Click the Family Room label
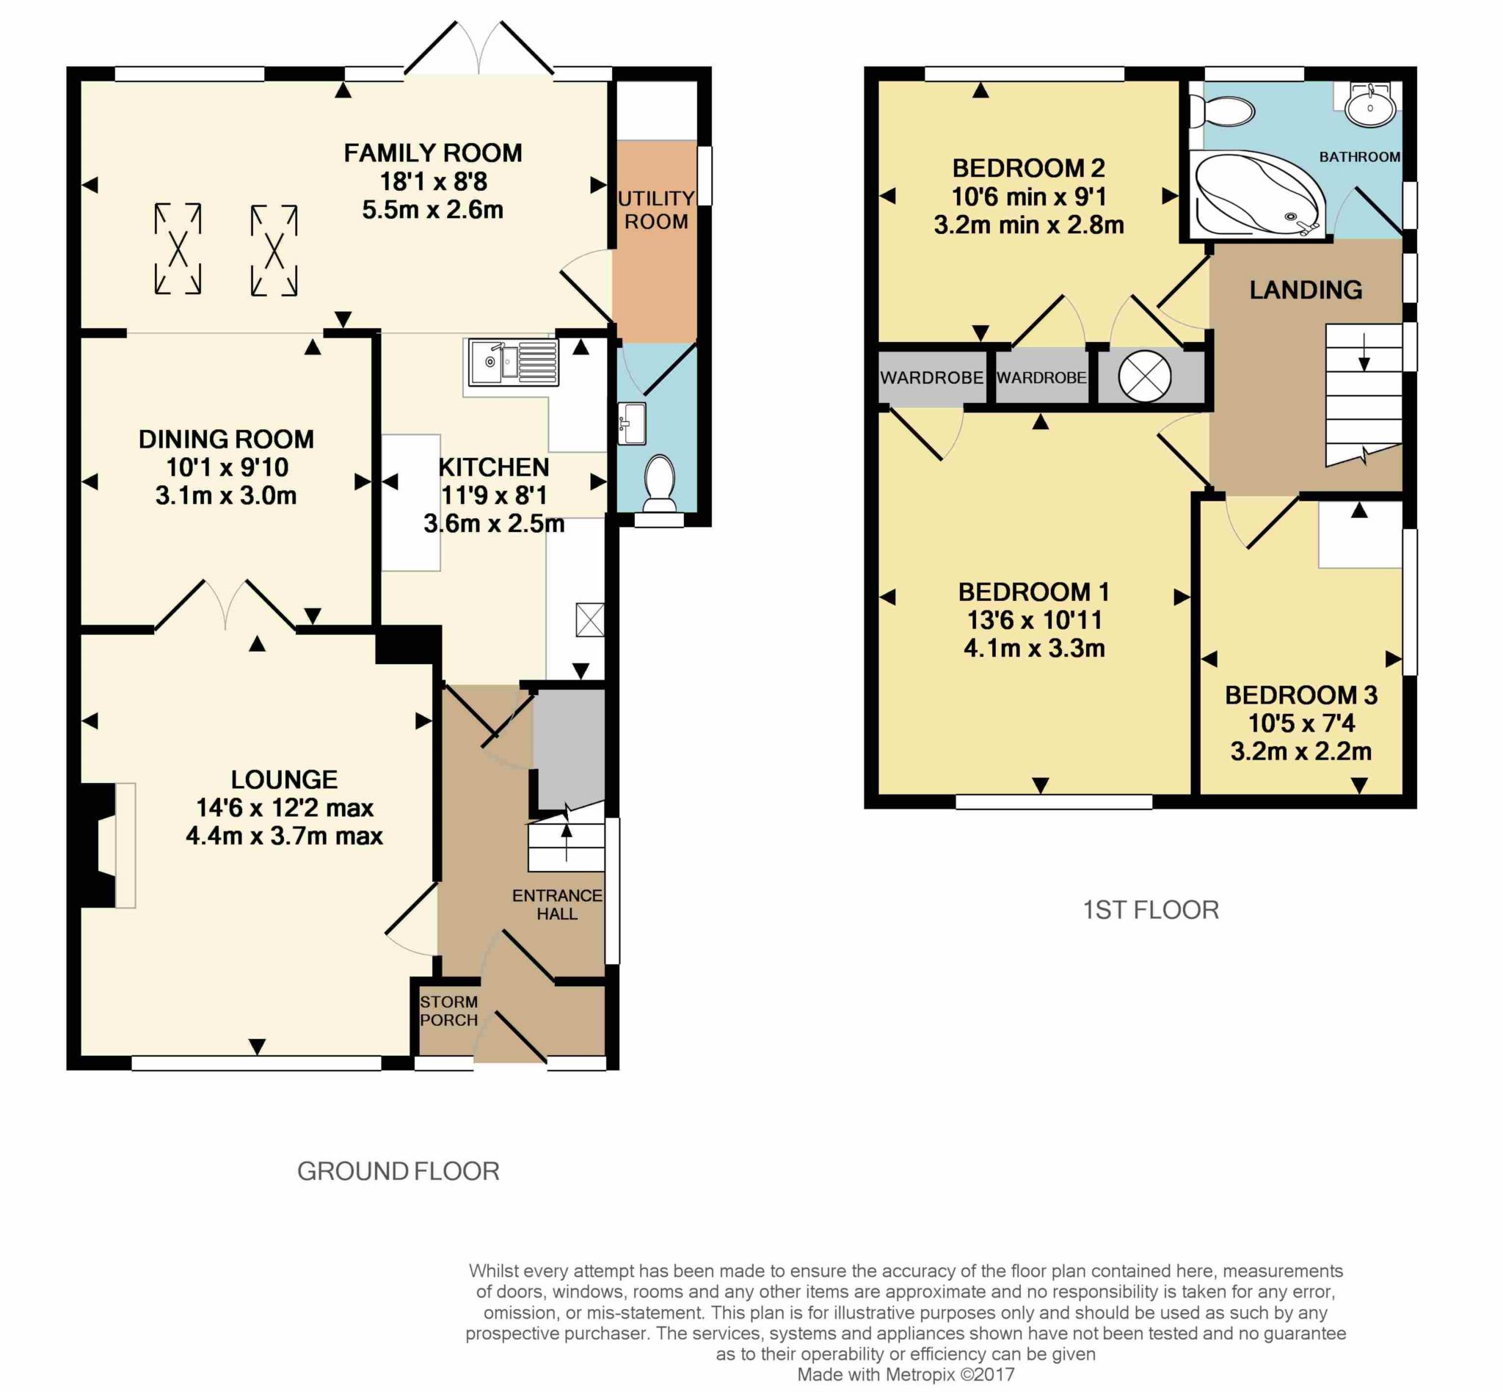tap(432, 153)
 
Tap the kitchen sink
tap(513, 362)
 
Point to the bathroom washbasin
tap(1369, 106)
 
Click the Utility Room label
tap(655, 210)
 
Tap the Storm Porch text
tap(449, 1011)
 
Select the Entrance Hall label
tap(557, 905)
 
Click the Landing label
tap(1306, 290)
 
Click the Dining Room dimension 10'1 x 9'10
tap(227, 467)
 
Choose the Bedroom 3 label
tap(1301, 695)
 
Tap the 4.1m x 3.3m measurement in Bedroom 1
tap(1034, 649)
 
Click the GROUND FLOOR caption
tap(399, 1171)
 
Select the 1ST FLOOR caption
tap(1151, 910)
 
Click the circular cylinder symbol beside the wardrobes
tap(1144, 376)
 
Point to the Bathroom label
tap(1359, 157)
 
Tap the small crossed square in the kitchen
tap(590, 620)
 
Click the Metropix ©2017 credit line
tap(906, 1374)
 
